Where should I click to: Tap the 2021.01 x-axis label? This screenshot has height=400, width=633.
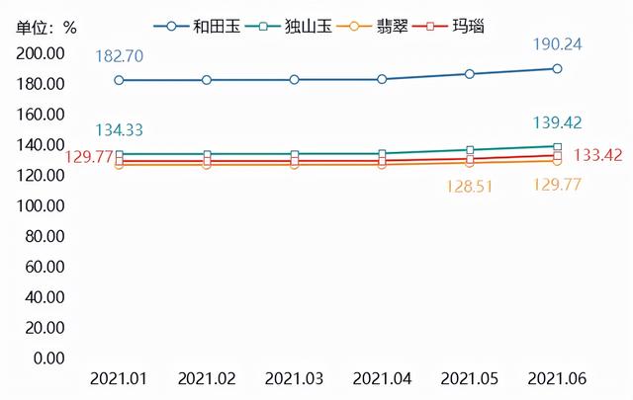(120, 379)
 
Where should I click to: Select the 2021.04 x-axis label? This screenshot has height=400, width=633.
(382, 379)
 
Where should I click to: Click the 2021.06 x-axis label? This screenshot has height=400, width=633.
(557, 379)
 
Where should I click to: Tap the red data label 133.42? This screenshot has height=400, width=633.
(593, 155)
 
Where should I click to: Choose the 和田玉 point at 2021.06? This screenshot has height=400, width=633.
(557, 69)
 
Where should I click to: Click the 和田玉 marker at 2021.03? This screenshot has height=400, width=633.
(295, 80)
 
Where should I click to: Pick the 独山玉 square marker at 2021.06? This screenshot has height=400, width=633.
(557, 146)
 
